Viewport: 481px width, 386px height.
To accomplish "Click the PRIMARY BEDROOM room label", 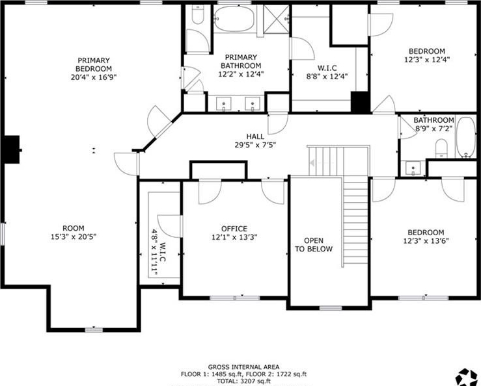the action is click(x=94, y=64).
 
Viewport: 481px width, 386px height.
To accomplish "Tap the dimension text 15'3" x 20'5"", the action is click(x=74, y=237).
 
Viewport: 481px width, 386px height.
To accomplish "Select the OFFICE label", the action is click(x=234, y=229).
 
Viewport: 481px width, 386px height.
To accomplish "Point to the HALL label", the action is click(x=255, y=136).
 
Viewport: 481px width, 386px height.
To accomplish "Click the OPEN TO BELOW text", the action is click(x=314, y=245).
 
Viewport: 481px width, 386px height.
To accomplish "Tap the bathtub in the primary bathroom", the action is click(x=234, y=18).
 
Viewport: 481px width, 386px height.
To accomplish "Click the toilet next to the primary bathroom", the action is click(x=197, y=16).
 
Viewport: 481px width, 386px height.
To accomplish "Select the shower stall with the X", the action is click(x=276, y=18).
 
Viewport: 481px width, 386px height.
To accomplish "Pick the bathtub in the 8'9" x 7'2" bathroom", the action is click(x=466, y=137).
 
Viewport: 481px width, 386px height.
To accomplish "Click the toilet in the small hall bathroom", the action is click(x=441, y=149).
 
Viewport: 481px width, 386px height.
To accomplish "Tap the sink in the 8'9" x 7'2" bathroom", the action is click(x=413, y=168).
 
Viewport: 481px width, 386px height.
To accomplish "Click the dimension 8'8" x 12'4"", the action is click(x=327, y=76).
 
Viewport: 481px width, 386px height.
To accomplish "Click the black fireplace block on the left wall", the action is click(x=12, y=149).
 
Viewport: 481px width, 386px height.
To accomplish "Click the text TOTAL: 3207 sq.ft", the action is click(x=243, y=381).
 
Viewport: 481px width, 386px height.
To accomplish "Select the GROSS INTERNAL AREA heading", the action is click(x=244, y=367).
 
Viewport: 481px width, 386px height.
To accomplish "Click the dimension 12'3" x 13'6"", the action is click(x=426, y=241).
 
